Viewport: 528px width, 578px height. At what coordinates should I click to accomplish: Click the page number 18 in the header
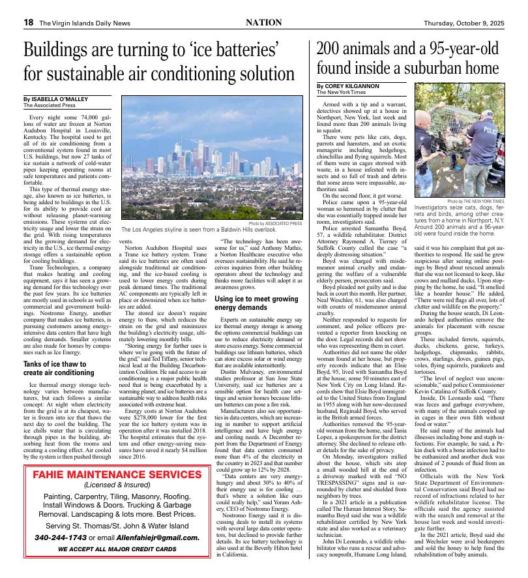tap(29, 23)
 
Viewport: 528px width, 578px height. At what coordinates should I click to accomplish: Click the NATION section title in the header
tap(263, 22)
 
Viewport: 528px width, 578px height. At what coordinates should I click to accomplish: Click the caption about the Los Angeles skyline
tap(199, 230)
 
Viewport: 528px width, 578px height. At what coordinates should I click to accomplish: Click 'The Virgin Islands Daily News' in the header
tap(85, 23)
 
